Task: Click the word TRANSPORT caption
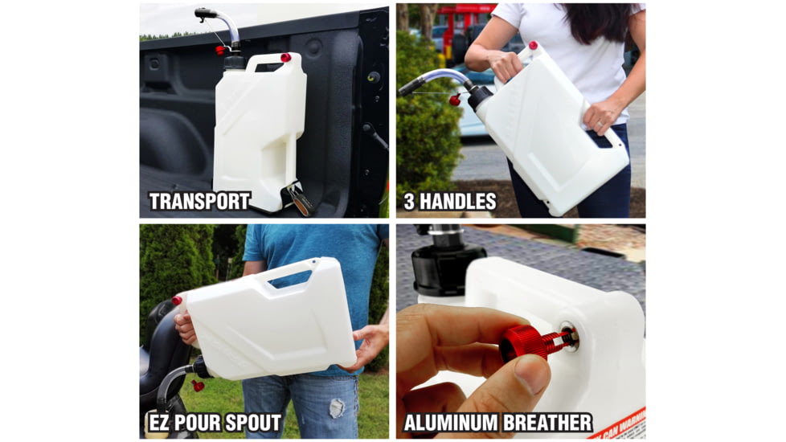199,201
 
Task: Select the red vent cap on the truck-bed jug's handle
285,58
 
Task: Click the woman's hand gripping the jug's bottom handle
603,115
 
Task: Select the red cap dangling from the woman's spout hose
454,100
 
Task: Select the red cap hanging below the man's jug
197,386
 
